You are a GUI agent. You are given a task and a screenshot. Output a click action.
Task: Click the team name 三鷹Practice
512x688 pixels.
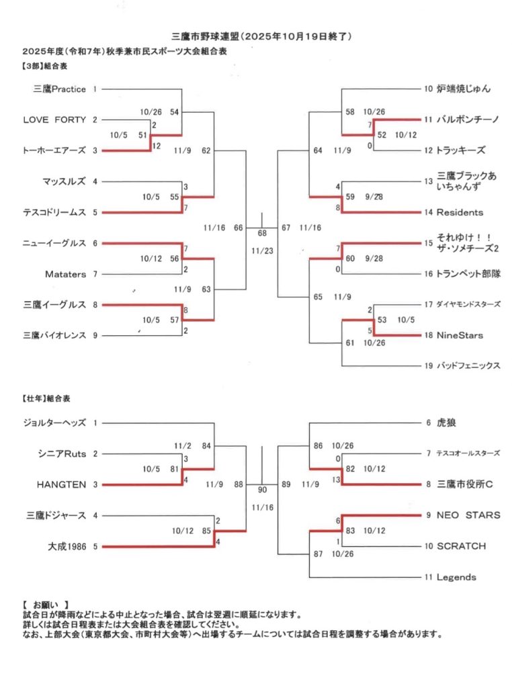click(60, 89)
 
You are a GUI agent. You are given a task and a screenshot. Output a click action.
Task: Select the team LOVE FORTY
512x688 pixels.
click(54, 120)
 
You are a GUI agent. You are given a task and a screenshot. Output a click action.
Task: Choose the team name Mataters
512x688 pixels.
click(65, 274)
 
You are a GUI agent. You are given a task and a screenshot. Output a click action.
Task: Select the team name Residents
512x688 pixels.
click(460, 212)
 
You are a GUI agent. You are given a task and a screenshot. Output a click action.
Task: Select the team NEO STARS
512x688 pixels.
click(468, 515)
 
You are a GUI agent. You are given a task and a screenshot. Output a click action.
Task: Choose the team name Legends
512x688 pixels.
click(456, 577)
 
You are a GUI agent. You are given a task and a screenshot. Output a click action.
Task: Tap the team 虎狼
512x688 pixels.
click(446, 423)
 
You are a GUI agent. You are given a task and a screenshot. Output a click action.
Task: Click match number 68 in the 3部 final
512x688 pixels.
click(261, 233)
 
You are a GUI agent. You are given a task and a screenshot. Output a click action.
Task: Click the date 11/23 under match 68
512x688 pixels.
click(261, 251)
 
